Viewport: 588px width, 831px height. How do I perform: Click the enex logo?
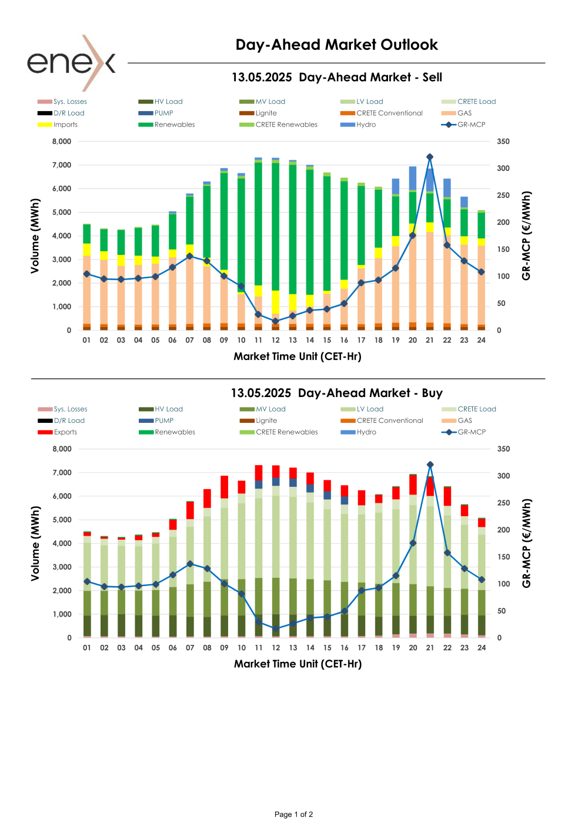(x=71, y=62)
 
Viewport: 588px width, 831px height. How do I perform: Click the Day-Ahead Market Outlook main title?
(x=336, y=45)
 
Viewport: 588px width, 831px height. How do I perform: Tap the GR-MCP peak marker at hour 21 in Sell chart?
(x=430, y=157)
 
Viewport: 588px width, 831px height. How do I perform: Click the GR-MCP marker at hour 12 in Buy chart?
(x=276, y=628)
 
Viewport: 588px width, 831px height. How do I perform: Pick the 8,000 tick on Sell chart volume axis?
(x=62, y=142)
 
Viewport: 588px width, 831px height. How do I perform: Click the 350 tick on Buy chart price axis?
(x=503, y=449)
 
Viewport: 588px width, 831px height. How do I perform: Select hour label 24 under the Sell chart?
(x=481, y=340)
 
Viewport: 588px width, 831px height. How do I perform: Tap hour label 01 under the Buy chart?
(x=87, y=648)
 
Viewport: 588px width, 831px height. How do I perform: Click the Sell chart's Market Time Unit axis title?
(x=298, y=356)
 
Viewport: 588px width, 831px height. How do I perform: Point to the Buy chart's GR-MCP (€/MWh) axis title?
(x=527, y=543)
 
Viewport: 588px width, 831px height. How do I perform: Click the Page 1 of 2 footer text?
(x=293, y=815)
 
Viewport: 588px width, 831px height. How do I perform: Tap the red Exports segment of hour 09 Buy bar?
(x=224, y=487)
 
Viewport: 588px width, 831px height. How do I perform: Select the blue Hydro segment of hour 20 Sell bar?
(x=413, y=178)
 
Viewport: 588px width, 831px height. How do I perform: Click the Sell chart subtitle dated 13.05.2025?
(x=336, y=78)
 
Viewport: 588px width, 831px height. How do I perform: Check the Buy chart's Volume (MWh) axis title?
(x=35, y=543)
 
